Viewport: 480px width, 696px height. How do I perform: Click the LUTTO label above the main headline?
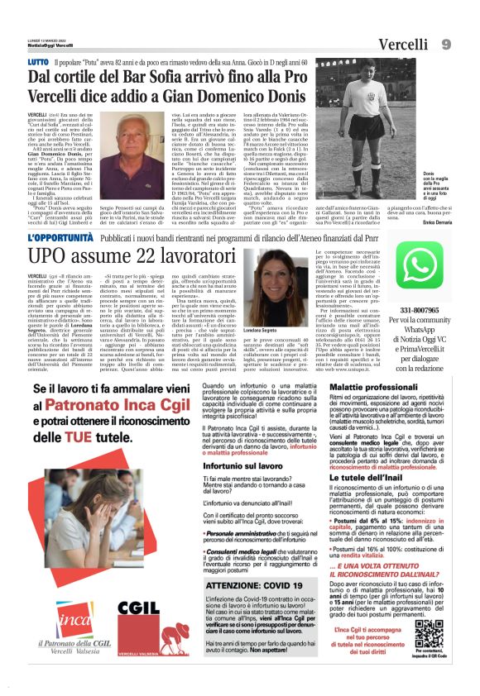(38, 61)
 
